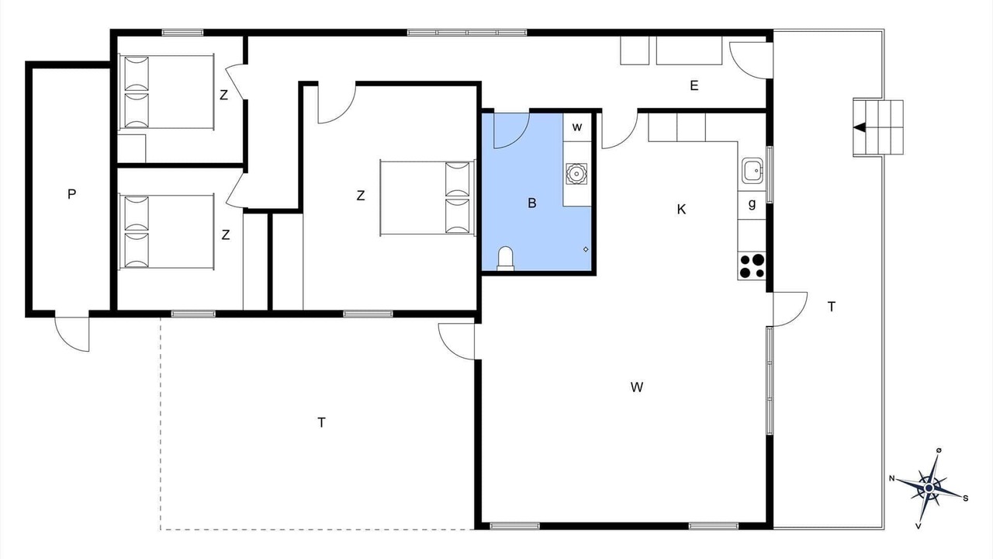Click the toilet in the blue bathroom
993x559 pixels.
pos(505,259)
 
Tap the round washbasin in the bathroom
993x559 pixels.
pos(576,173)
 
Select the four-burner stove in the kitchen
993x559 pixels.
pos(752,266)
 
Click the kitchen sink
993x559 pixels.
pos(753,170)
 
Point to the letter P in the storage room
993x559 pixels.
pos(72,194)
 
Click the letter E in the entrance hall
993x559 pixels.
pos(694,85)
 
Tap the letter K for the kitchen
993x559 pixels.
pos(681,209)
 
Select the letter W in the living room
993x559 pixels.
pos(637,387)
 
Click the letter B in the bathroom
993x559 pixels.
pos(532,203)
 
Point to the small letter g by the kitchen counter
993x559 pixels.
pos(752,204)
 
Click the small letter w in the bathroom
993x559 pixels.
pos(576,127)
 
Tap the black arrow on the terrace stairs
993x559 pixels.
pos(860,128)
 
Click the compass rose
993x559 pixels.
pos(929,488)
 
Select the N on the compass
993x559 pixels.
pos(892,478)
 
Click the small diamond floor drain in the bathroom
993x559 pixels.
pos(586,249)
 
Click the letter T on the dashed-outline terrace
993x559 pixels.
pos(321,422)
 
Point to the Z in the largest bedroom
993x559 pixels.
pos(361,195)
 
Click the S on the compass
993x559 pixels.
pos(966,498)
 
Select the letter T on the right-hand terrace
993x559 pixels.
pos(832,307)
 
